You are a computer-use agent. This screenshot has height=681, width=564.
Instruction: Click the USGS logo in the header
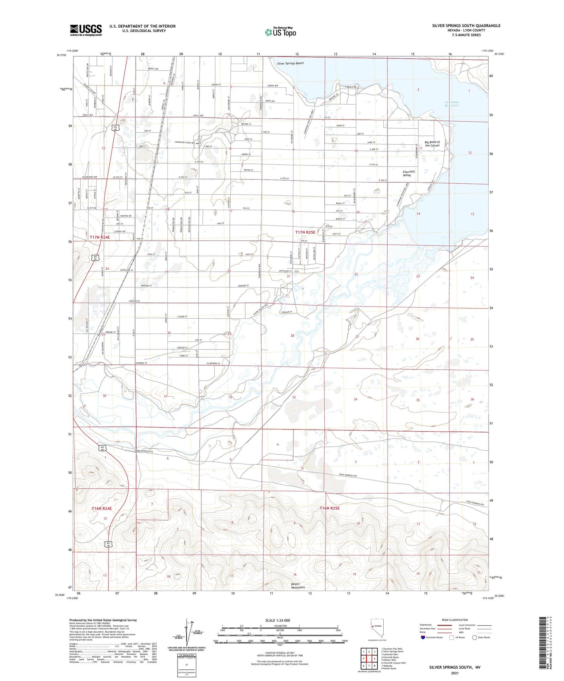86,30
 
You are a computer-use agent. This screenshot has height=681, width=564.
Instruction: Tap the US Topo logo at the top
280,32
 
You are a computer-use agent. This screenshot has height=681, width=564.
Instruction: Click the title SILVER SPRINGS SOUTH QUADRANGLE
466,26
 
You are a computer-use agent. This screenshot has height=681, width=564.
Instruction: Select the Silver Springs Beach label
290,63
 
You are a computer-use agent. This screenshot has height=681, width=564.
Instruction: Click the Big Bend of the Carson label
432,144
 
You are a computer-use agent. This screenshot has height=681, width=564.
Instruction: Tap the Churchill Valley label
409,173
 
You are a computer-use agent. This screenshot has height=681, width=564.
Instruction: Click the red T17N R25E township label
305,232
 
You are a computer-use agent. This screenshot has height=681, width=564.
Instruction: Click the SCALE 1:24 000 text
278,621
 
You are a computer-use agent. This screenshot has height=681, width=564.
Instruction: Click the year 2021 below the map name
454,673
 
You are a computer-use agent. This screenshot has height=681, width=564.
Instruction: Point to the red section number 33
294,397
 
